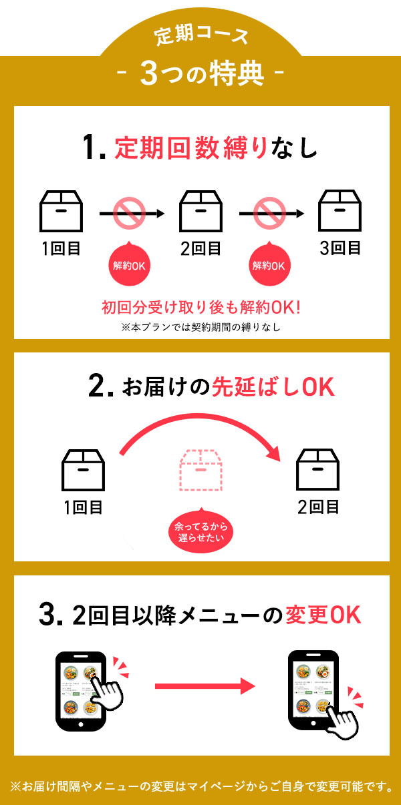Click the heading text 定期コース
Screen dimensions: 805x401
pyautogui.click(x=201, y=35)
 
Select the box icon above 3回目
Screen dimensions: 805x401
pyautogui.click(x=340, y=209)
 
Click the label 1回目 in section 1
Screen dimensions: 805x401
pyautogui.click(x=61, y=249)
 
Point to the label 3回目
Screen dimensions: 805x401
pyautogui.click(x=340, y=248)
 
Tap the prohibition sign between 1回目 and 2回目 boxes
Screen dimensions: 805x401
pyautogui.click(x=128, y=214)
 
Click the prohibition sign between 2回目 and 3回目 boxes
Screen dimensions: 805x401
pyautogui.click(x=268, y=214)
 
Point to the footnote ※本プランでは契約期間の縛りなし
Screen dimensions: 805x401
pyautogui.click(x=201, y=327)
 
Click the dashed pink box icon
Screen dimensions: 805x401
pyautogui.click(x=200, y=469)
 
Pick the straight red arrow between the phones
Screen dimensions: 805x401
pyautogui.click(x=205, y=686)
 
